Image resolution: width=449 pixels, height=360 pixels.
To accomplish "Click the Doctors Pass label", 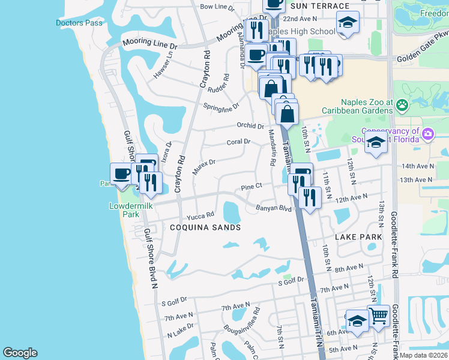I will (x=79, y=23).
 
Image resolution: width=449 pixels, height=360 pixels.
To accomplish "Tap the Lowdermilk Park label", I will (x=124, y=209).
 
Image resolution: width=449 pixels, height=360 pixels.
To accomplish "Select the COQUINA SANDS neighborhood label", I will (x=205, y=227).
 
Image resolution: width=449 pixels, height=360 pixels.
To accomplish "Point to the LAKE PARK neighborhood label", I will (x=358, y=237).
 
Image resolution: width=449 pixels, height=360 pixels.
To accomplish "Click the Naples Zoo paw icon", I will (x=402, y=107).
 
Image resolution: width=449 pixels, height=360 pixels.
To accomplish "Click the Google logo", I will (x=20, y=353).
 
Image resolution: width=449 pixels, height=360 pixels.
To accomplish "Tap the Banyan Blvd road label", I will (x=273, y=209).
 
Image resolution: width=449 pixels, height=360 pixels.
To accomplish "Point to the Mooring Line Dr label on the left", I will (x=150, y=43).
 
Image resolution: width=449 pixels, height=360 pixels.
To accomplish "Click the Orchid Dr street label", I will (x=250, y=126).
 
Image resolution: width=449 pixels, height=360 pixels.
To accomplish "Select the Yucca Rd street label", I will (x=200, y=215).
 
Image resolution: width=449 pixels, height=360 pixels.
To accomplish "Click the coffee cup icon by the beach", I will (x=122, y=173).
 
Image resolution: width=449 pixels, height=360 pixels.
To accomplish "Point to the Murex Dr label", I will (x=203, y=166).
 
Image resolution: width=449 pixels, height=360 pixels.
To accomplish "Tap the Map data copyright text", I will (x=424, y=355).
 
